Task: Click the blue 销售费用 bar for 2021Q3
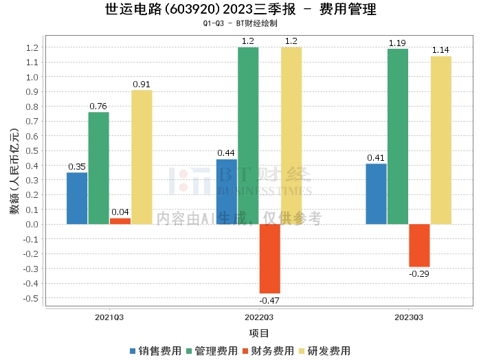[77, 198]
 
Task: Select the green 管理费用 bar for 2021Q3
[98, 168]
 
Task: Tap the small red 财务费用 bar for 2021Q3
[120, 221]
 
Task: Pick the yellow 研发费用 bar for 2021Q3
[142, 157]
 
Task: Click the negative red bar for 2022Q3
[269, 258]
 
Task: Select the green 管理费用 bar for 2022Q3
[248, 135]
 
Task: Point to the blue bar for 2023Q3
[376, 194]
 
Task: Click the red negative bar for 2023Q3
[419, 245]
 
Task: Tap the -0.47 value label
[269, 300]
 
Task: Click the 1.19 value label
[397, 43]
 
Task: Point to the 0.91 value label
[142, 85]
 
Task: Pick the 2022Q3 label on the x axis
[258, 317]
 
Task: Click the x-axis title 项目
[258, 333]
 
